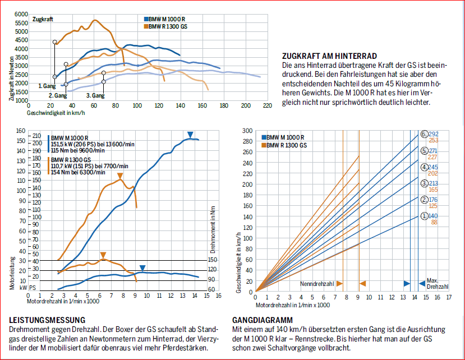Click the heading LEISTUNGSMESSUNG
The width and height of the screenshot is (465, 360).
(39, 320)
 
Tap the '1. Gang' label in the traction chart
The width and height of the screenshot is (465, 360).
(47, 86)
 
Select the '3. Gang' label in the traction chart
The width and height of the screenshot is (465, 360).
(95, 95)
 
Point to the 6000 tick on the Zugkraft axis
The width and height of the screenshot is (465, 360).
(21, 13)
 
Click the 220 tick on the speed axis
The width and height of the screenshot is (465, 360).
(267, 105)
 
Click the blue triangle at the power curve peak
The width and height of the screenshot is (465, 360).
(190, 135)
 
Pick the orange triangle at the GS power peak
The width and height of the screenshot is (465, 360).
(120, 177)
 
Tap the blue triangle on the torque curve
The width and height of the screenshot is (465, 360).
(142, 268)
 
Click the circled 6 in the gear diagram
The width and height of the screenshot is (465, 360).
(424, 134)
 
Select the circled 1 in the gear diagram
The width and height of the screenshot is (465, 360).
(424, 216)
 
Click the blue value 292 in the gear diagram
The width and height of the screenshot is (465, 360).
(433, 134)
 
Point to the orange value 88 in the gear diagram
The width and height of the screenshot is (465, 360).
(434, 223)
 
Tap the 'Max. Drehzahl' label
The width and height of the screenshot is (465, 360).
(436, 283)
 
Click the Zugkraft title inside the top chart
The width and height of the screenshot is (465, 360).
(43, 20)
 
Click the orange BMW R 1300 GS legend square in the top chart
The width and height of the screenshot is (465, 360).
(146, 26)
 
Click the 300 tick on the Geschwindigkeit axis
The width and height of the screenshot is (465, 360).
(247, 130)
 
